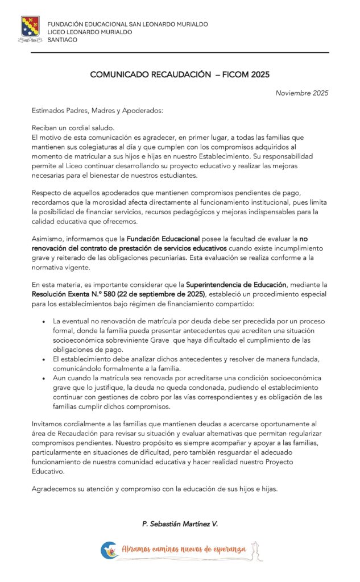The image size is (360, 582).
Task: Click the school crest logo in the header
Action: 31,29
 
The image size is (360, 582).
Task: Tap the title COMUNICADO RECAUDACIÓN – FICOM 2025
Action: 180,74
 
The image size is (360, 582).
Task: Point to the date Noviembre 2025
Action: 301,93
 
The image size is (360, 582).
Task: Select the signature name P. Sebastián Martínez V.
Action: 180,523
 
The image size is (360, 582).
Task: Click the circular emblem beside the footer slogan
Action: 106,550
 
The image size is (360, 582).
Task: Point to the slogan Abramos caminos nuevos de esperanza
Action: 183,550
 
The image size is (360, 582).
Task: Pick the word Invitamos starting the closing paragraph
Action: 49,424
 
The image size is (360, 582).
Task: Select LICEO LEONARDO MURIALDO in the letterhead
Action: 90,32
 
